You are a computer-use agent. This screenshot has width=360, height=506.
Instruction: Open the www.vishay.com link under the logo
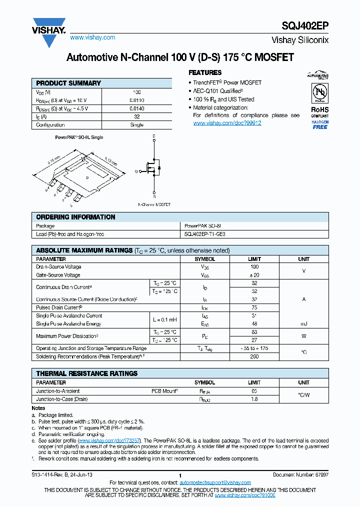pos(93,37)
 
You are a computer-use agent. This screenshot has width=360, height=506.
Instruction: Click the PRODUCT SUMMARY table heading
pos(68,83)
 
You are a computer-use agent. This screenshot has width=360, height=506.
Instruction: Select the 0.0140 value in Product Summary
pos(136,108)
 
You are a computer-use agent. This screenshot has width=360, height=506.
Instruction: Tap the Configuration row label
pos(50,125)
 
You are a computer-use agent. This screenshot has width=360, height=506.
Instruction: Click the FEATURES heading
pos(205,72)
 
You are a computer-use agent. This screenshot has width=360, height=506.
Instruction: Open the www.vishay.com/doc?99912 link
pos(227,123)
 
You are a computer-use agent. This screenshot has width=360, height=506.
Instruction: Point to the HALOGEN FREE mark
pos(319,125)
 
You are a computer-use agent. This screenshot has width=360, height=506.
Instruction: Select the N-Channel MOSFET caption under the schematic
pos(154,204)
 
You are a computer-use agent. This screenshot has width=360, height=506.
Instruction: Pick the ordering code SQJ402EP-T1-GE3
pos(205,234)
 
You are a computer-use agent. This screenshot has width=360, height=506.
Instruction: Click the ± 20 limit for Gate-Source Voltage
pos(254,275)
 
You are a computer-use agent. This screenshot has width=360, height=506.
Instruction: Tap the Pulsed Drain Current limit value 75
pos(254,307)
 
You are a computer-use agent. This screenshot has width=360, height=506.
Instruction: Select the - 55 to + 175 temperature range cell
pos(254,348)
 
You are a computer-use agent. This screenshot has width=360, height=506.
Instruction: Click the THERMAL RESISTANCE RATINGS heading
pos(86,373)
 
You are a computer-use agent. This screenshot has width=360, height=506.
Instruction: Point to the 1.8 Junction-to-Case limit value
pos(254,399)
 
